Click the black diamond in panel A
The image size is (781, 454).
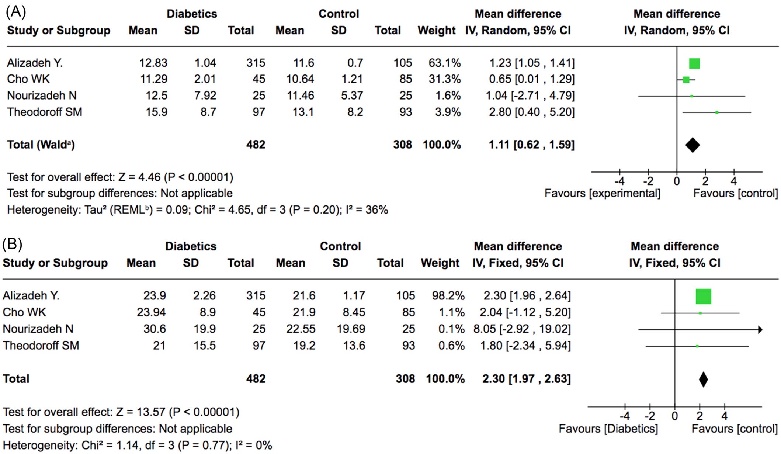pyautogui.click(x=692, y=145)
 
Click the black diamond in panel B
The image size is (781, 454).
pyautogui.click(x=703, y=380)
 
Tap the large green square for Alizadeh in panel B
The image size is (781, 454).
pyautogui.click(x=703, y=297)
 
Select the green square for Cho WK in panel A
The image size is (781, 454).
pyautogui.click(x=686, y=80)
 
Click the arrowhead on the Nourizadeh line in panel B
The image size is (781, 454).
pyautogui.click(x=760, y=330)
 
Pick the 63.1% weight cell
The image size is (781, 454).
pyautogui.click(x=444, y=63)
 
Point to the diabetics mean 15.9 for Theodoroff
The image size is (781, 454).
pyautogui.click(x=156, y=112)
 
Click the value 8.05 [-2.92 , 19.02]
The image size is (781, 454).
pyautogui.click(x=522, y=329)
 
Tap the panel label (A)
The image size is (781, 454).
pyautogui.click(x=16, y=12)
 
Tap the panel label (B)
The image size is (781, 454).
pyautogui.click(x=12, y=244)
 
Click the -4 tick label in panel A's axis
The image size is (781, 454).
pyautogui.click(x=619, y=181)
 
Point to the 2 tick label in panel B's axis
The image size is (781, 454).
pyautogui.click(x=700, y=416)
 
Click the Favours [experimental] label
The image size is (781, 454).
pyautogui.click(x=602, y=194)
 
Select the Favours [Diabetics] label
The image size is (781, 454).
pyautogui.click(x=608, y=429)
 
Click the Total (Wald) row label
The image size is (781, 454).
pyautogui.click(x=41, y=145)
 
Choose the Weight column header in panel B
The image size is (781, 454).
pyautogui.click(x=440, y=263)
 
